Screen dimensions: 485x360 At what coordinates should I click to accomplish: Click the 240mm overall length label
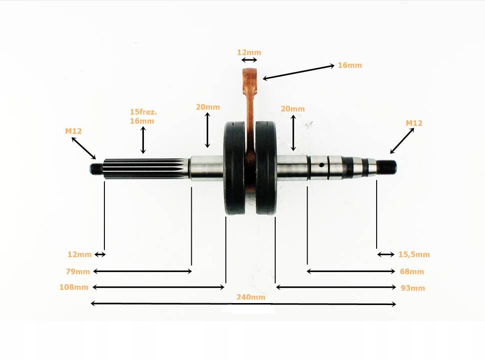(x=251, y=297)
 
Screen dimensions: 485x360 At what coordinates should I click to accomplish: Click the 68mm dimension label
(x=412, y=272)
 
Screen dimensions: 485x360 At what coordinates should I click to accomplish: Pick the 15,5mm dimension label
(x=414, y=255)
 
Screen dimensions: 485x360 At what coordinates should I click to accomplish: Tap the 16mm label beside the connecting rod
(x=350, y=65)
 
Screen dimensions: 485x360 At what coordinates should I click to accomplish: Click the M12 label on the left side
(x=73, y=131)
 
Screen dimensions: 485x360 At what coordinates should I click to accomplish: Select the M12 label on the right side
(x=414, y=123)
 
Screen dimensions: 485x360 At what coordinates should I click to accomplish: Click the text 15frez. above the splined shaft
(x=142, y=113)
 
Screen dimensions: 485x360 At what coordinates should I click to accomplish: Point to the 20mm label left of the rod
(x=207, y=107)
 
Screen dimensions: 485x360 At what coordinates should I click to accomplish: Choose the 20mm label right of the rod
(x=293, y=109)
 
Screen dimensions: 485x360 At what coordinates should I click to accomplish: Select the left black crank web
(x=234, y=168)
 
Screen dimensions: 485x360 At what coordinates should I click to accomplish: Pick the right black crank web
(x=266, y=168)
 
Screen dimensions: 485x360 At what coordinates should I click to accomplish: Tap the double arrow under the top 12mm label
(x=249, y=60)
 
